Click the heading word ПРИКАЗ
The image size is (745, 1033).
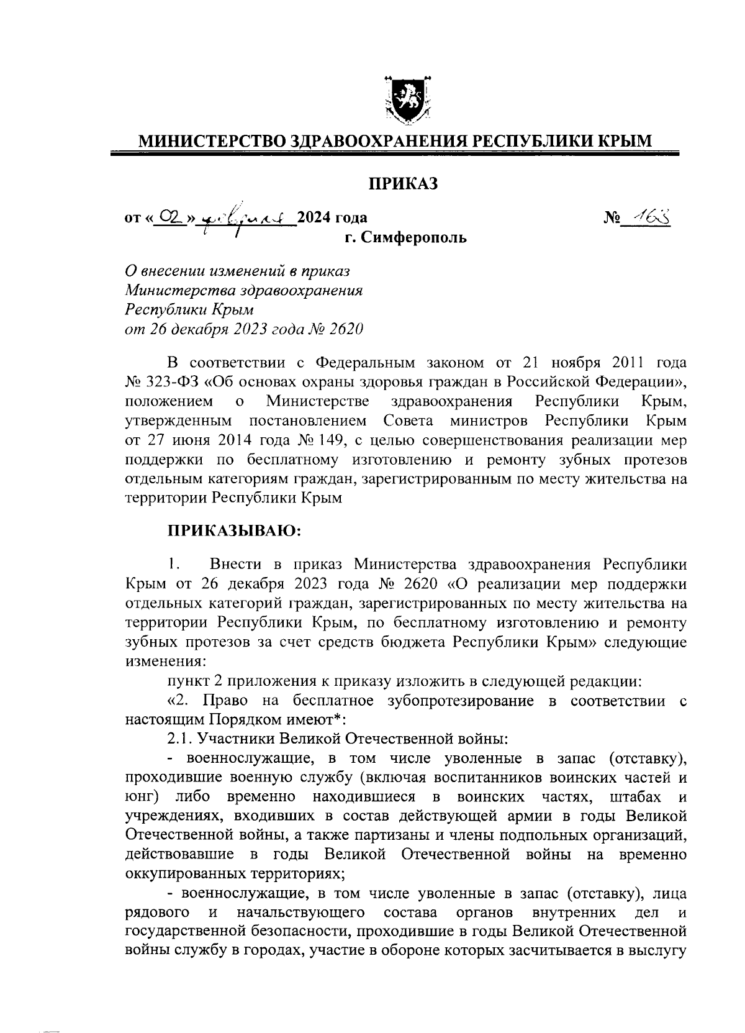pyautogui.click(x=404, y=184)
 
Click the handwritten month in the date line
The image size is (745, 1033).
pyautogui.click(x=244, y=217)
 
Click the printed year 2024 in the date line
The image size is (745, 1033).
pyautogui.click(x=315, y=217)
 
